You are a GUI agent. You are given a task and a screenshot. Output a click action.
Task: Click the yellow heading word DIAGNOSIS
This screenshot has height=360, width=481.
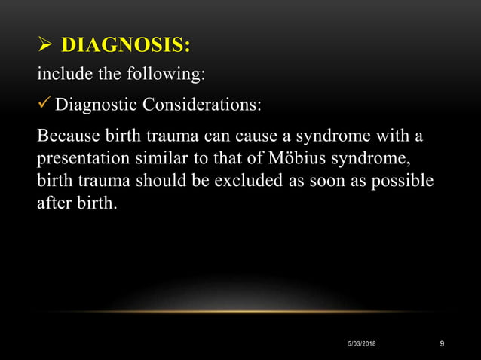tap(124, 47)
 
